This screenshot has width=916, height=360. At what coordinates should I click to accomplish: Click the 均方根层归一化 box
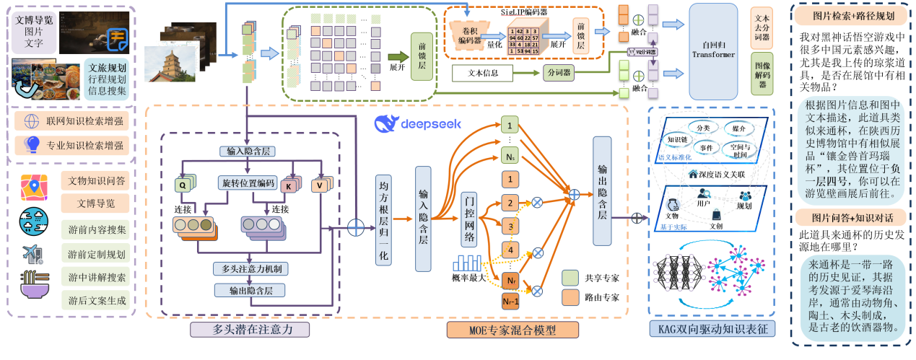[x=383, y=221]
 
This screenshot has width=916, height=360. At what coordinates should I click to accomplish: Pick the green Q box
[x=183, y=185]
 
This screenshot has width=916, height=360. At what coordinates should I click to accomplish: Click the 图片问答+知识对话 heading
[x=851, y=217]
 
